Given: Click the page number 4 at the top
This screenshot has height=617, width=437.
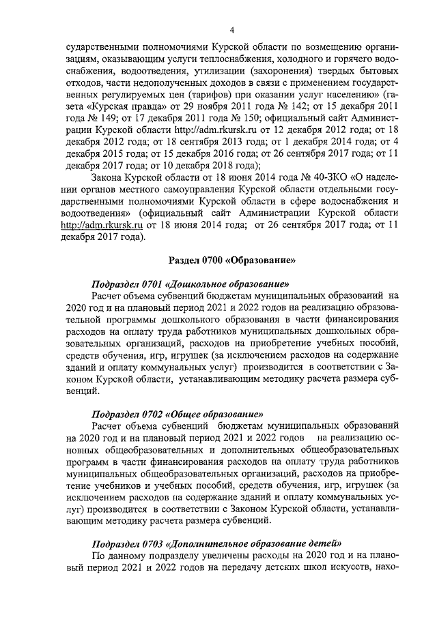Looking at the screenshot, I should click(x=231, y=30).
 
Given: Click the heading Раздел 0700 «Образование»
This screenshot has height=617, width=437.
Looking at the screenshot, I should click(x=231, y=260).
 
